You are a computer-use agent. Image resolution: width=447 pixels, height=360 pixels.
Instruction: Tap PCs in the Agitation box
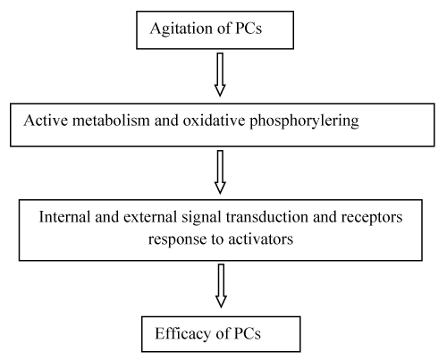tap(249, 29)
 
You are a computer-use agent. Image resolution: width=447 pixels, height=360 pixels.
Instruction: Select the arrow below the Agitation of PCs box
tap(220, 74)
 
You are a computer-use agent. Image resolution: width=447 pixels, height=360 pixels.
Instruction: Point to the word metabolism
tap(111, 121)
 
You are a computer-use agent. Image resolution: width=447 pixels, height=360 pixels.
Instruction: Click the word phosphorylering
tap(304, 121)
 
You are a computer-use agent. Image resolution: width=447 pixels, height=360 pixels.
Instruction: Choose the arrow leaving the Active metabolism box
tap(220, 172)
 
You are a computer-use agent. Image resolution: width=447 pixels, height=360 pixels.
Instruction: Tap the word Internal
tap(64, 217)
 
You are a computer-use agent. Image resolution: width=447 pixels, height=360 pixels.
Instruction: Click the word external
tap(150, 217)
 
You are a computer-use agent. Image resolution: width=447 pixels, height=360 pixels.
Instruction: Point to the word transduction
tap(266, 217)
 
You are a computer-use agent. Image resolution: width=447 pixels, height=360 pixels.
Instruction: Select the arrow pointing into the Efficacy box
tap(221, 286)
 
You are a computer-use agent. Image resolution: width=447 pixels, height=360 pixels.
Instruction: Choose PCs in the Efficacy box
tap(248, 333)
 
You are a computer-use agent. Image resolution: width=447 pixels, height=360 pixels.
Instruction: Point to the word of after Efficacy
tap(223, 333)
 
